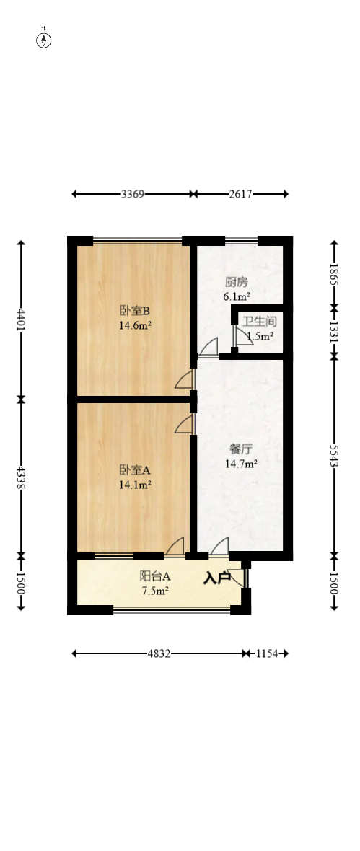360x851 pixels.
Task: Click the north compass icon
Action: coord(44,40)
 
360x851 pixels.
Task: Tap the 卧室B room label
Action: coord(135,311)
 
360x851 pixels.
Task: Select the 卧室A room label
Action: coord(135,469)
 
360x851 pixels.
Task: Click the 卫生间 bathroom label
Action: coord(258,322)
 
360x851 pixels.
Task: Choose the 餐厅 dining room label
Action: coord(241,449)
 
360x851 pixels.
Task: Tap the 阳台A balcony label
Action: coord(154,576)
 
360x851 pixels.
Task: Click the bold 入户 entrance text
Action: coord(216,578)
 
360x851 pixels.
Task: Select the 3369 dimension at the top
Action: coord(133,194)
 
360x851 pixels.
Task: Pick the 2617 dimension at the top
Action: coord(240,194)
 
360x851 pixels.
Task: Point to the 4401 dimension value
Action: coord(21,319)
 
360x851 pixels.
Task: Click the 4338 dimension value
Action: coord(21,476)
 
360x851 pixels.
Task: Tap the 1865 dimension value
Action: coord(334,275)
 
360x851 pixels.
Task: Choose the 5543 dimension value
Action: coord(334,454)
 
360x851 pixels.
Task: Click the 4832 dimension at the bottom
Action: coord(159,653)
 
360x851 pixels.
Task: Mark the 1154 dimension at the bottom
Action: coord(267,653)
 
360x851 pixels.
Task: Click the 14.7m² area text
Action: coord(241,464)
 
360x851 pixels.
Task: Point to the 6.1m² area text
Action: coord(237,296)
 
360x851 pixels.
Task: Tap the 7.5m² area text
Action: coord(154,591)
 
